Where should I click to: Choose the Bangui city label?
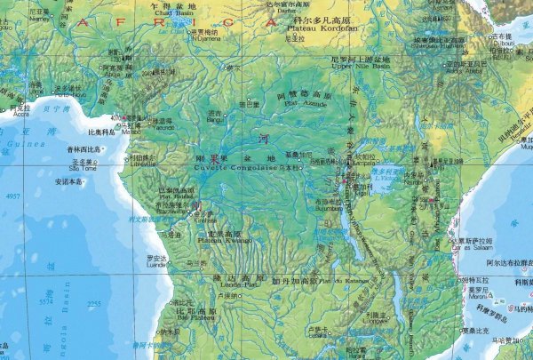(214, 118)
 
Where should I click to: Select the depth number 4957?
(14, 196)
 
